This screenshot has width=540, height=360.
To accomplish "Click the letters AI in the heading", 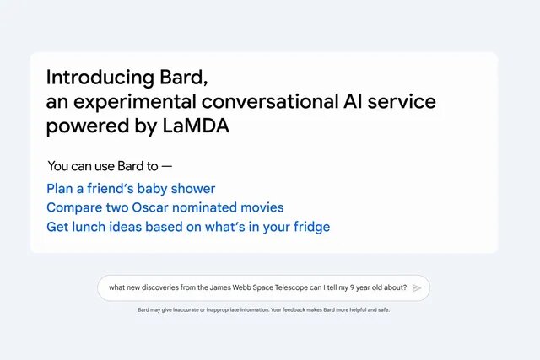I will point(355,102).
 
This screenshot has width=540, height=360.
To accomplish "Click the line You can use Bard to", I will point(110,166).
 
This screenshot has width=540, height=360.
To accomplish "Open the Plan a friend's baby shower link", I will point(131,188).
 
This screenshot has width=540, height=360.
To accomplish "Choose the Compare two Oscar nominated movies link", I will point(165,207).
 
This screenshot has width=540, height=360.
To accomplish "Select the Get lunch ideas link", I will point(187,227).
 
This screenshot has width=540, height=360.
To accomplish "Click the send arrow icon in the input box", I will point(417,287).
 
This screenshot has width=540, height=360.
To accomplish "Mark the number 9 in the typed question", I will point(359,287).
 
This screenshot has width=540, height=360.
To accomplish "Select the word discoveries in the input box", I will point(159,287).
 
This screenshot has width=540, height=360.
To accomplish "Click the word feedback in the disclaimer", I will point(299,309).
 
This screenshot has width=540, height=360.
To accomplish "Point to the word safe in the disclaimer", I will point(381,309).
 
